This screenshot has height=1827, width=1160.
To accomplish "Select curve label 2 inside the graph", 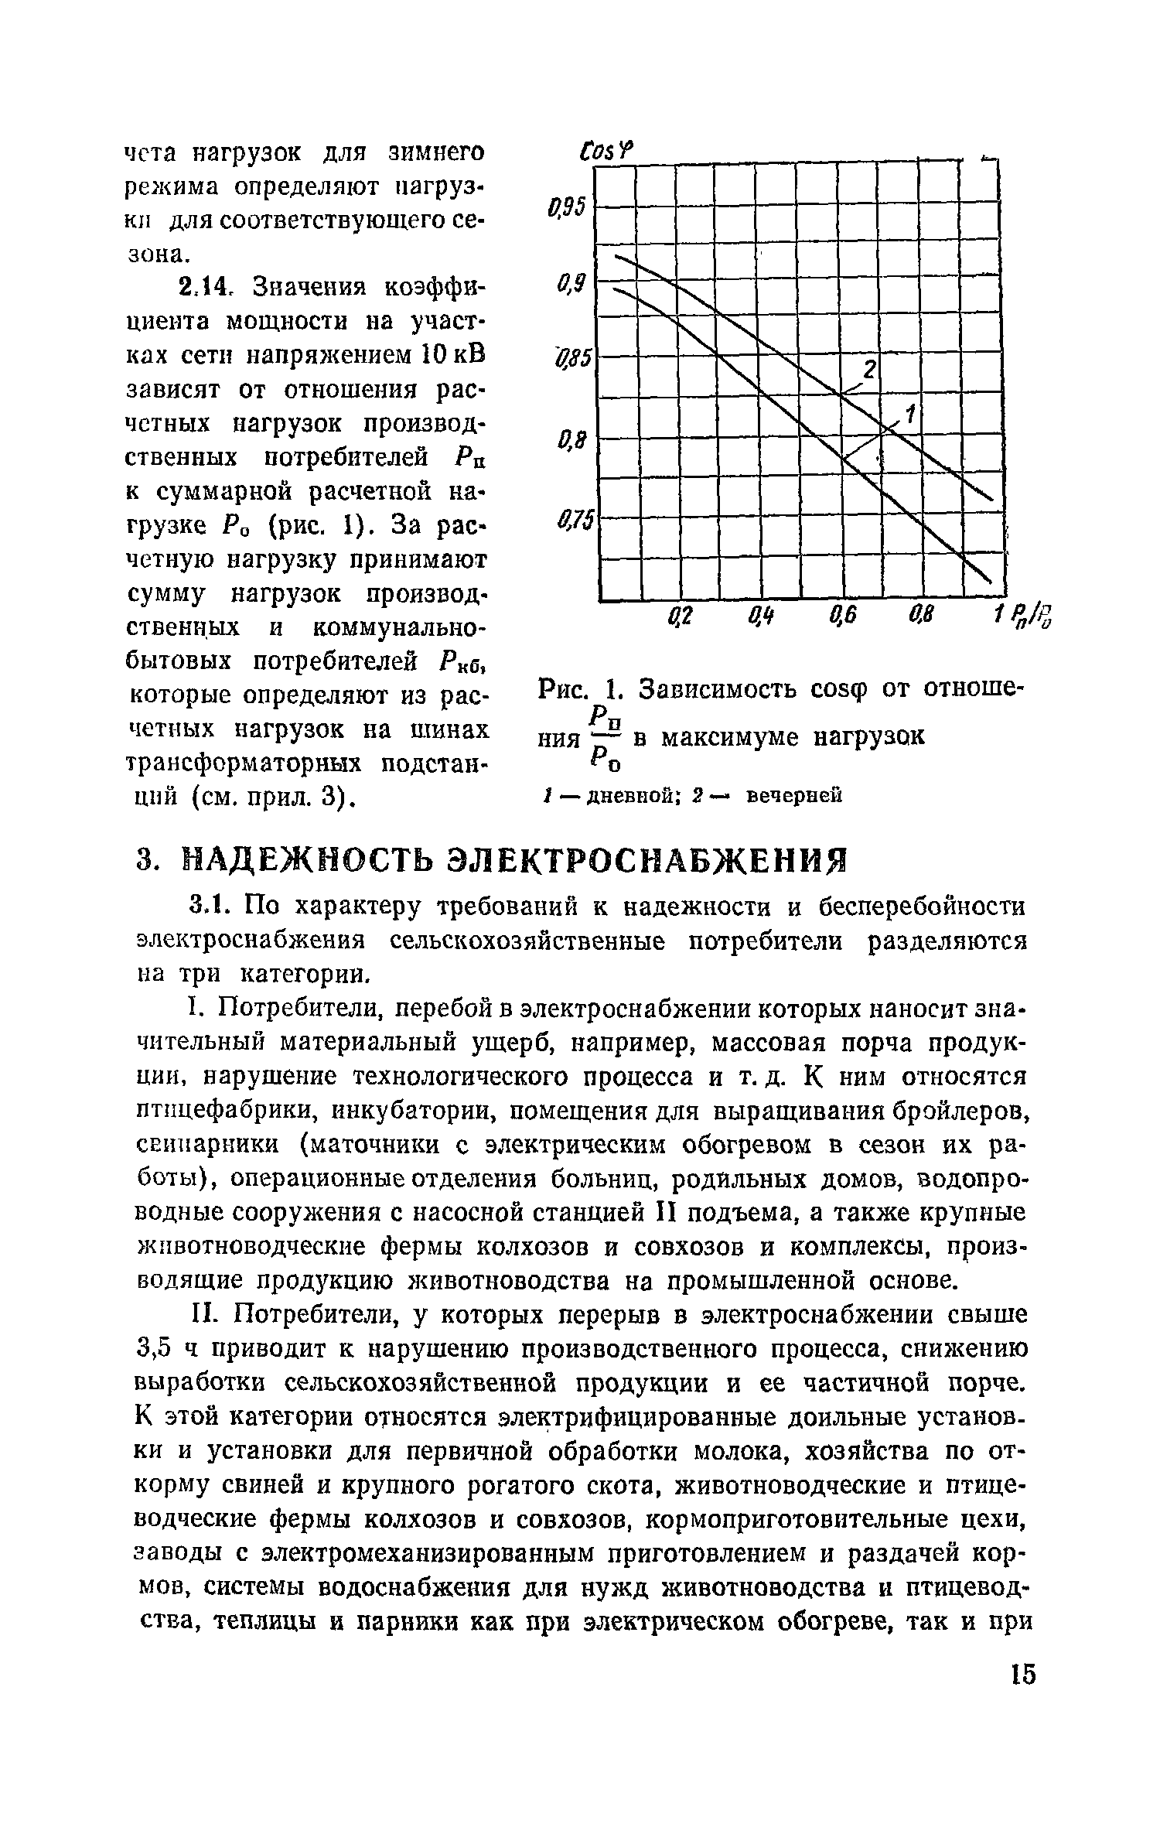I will (869, 371).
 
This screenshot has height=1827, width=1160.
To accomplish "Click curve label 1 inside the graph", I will (911, 415).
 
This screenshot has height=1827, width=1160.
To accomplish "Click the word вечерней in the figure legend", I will (793, 795).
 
